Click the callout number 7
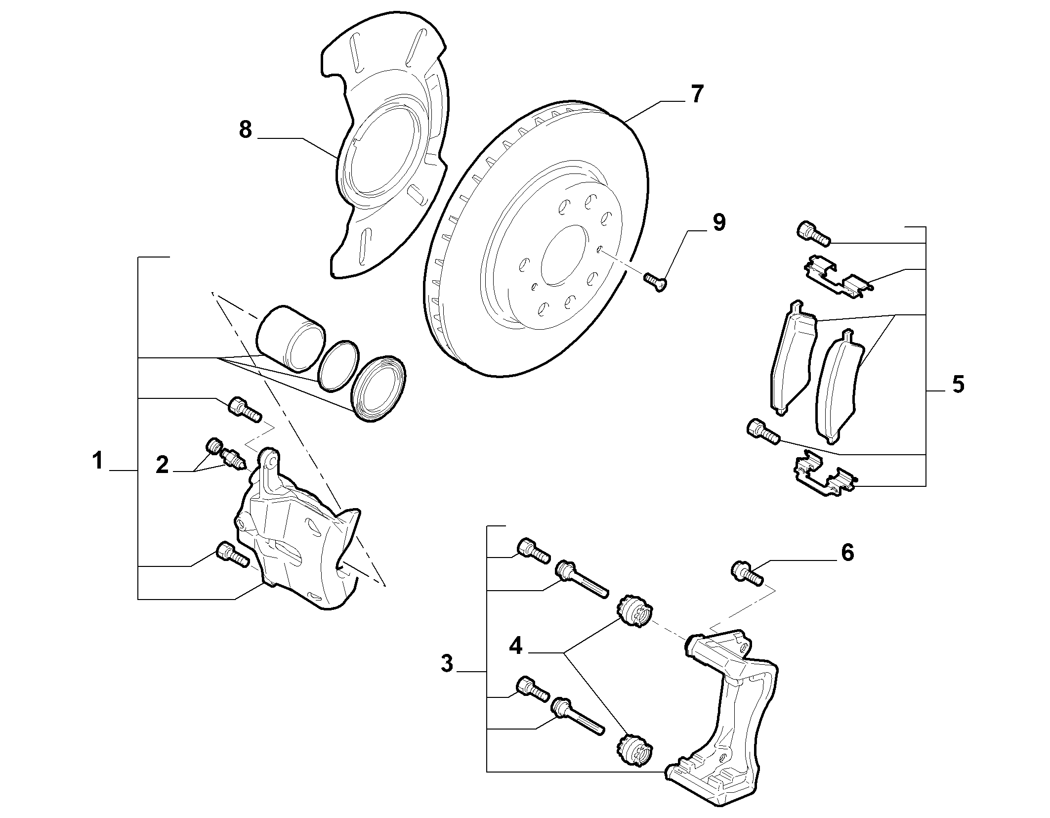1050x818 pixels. tap(696, 94)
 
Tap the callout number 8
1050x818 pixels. tap(246, 130)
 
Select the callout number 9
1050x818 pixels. tap(718, 223)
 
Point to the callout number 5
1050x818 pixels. tap(958, 385)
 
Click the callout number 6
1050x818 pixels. tap(847, 553)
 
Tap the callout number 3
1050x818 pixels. tap(447, 663)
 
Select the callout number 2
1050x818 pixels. tap(162, 465)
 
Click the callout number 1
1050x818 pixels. tap(97, 461)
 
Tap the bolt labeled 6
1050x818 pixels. tap(747, 574)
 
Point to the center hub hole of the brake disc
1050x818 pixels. tap(564, 255)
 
